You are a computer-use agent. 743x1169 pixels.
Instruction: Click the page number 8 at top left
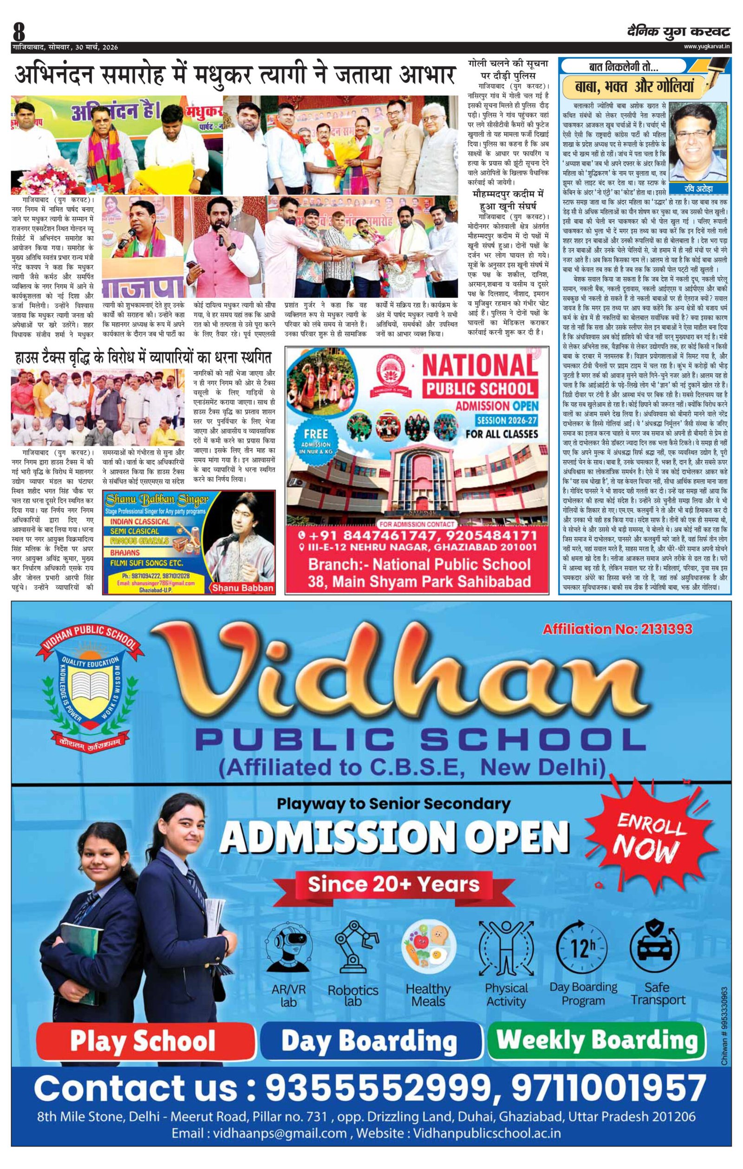tap(19, 33)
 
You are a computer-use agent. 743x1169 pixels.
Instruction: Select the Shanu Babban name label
tap(242, 588)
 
